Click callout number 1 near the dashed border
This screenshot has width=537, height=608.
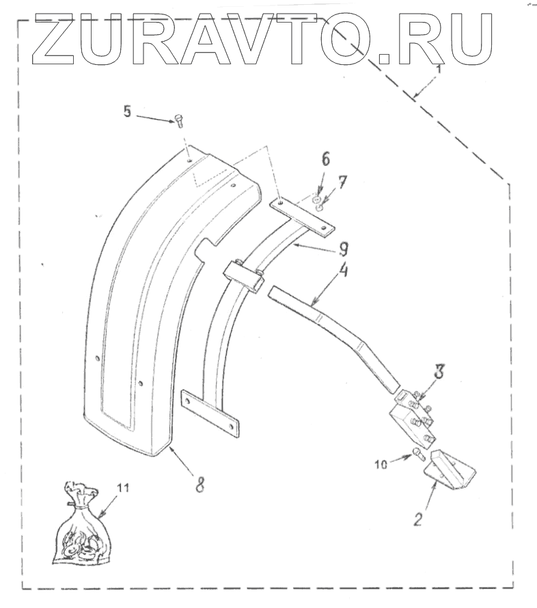[x=439, y=68]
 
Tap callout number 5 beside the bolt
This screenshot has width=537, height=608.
[x=126, y=111]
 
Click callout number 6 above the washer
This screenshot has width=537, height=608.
[x=325, y=160]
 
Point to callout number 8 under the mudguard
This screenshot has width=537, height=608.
[x=199, y=484]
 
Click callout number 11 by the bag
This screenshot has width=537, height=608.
[x=122, y=488]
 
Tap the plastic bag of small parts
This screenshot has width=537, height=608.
[x=78, y=527]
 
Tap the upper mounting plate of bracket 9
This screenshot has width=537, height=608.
[x=304, y=215]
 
